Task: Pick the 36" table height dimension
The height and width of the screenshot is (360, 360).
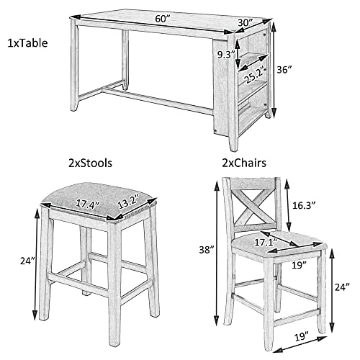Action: click(x=286, y=70)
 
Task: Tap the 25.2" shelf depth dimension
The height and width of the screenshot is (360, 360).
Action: click(x=251, y=74)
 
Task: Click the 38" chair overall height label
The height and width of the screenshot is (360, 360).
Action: click(x=207, y=250)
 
